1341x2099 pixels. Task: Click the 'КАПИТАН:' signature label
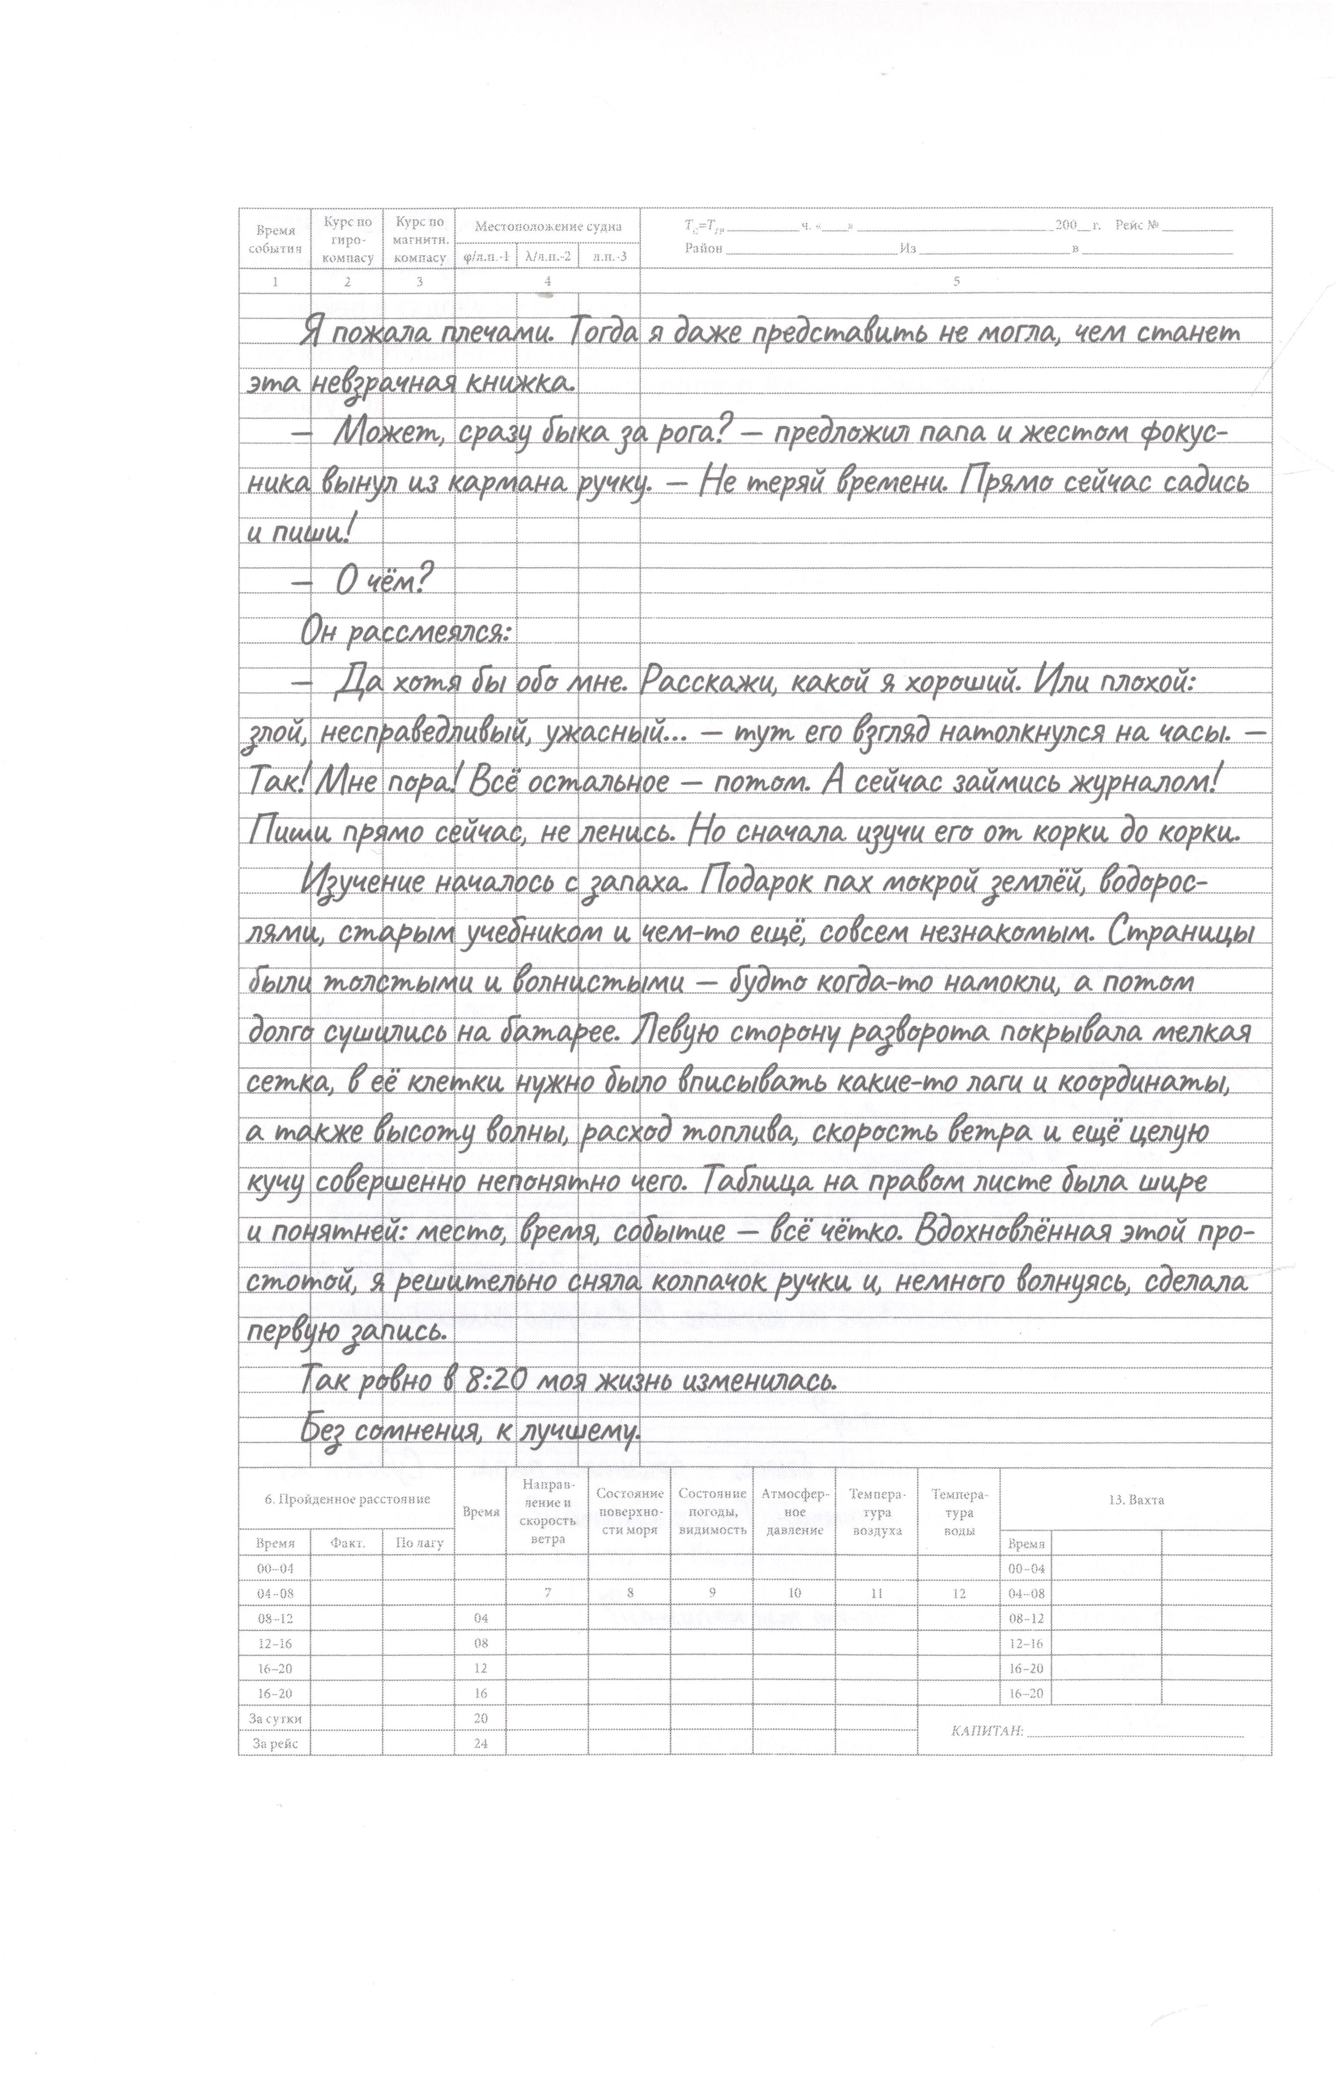(987, 1730)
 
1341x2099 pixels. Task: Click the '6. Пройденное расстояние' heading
(347, 1499)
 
